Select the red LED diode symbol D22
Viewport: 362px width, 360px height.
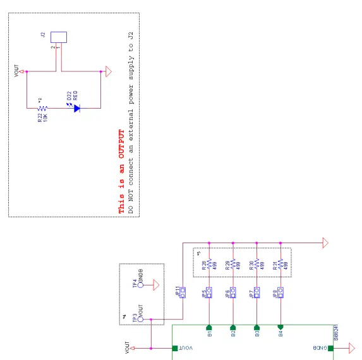[x=76, y=108]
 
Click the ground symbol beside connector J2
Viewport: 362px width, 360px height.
[x=108, y=71]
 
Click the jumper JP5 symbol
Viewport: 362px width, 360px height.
[x=208, y=293]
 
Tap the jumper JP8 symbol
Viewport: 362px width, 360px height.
[x=281, y=293]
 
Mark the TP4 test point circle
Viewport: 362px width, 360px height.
[x=141, y=285]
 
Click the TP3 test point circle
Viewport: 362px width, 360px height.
[x=141, y=320]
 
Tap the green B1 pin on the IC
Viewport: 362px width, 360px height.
[x=208, y=327]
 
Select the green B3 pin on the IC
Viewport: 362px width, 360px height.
[x=256, y=327]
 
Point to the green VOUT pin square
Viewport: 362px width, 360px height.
[x=175, y=348]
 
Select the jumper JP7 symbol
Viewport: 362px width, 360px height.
[x=256, y=293]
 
